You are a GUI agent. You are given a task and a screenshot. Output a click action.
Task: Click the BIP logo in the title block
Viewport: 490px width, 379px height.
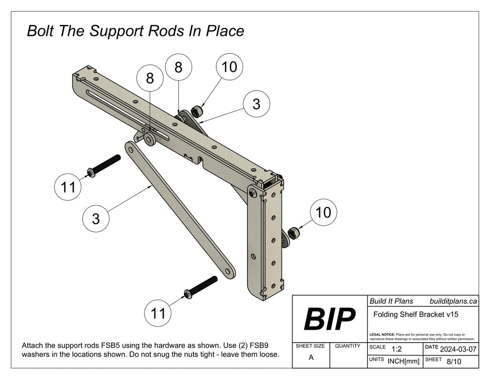click(329, 320)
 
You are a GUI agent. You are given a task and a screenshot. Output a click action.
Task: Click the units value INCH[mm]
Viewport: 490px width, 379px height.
click(403, 361)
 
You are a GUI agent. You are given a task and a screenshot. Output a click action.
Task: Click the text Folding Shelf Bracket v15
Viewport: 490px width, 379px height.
click(415, 315)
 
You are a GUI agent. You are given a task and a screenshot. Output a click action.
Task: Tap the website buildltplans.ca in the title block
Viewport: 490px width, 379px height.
click(453, 301)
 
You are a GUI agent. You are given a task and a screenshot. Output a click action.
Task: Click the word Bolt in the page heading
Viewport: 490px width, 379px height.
click(41, 31)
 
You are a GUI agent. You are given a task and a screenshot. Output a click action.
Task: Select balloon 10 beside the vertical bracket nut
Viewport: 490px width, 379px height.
click(323, 212)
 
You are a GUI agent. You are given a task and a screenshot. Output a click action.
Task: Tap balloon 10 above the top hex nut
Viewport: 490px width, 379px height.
click(229, 68)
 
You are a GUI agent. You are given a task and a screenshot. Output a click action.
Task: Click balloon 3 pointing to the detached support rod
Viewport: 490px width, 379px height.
click(96, 219)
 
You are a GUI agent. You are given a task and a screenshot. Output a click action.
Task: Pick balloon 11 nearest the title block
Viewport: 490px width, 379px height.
click(158, 313)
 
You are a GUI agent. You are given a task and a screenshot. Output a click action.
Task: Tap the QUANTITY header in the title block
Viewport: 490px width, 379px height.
click(348, 345)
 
